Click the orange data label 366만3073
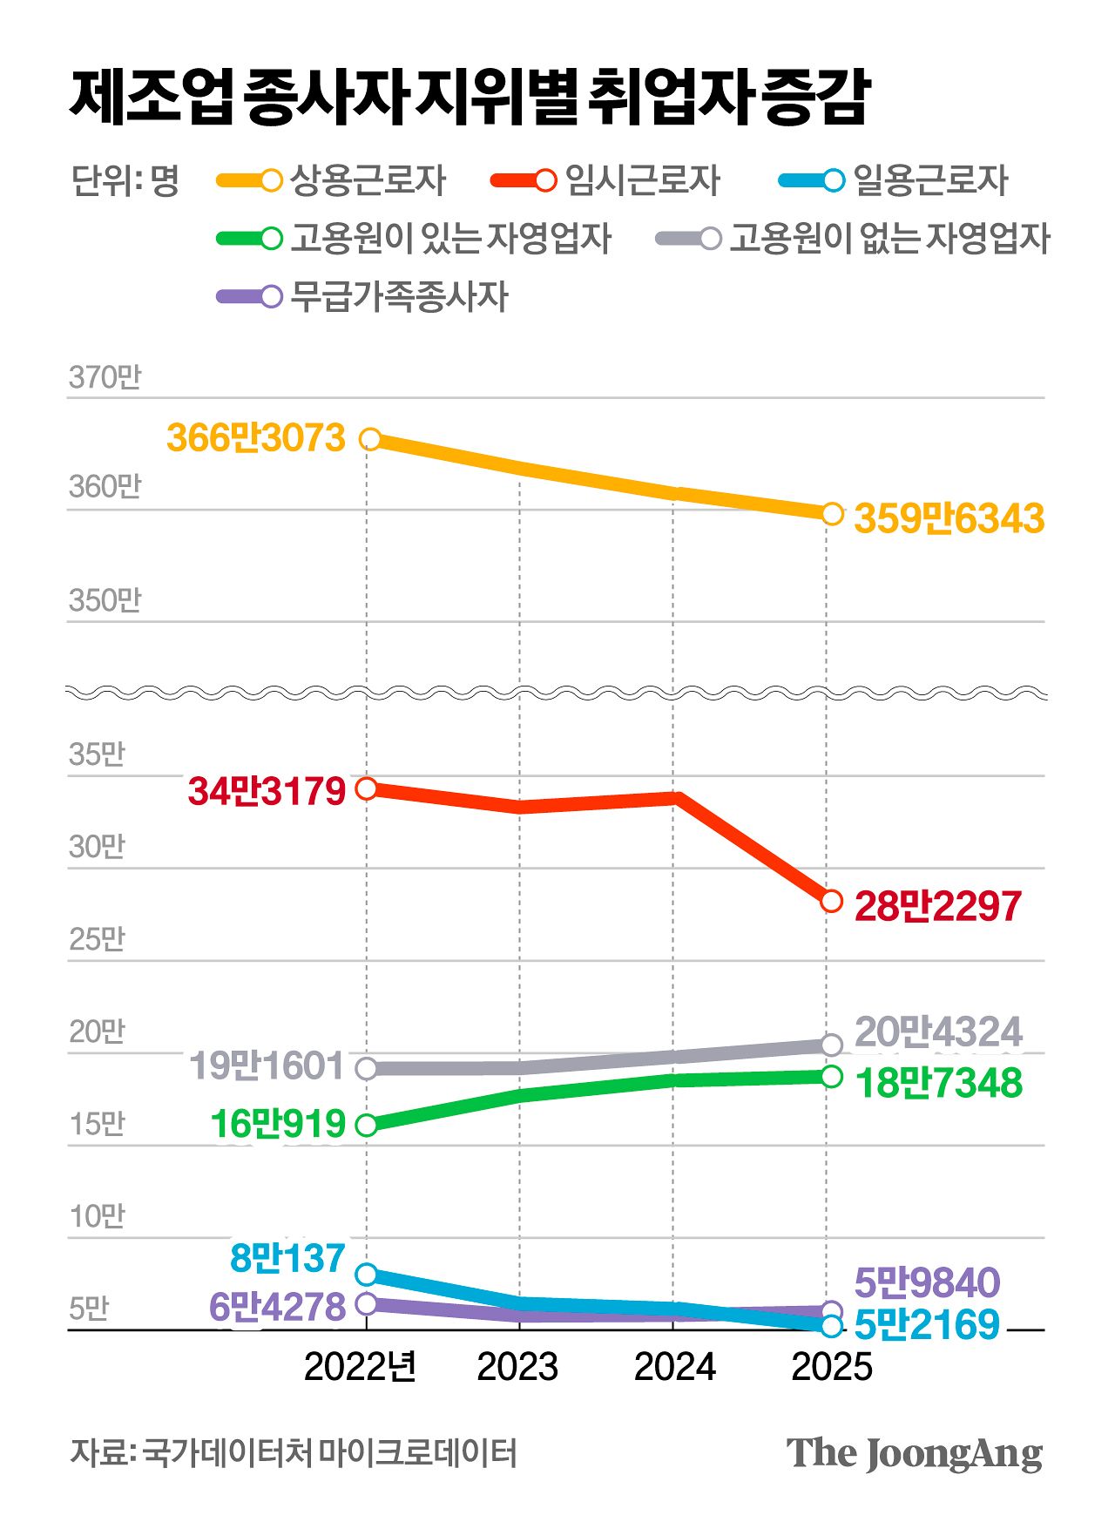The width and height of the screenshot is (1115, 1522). [x=256, y=438]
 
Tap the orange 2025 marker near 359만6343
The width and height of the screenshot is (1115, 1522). [x=832, y=514]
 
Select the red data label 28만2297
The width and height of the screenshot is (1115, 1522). [x=937, y=906]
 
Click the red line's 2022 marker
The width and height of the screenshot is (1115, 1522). [x=367, y=788]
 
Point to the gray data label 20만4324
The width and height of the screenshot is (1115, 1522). [x=937, y=1032]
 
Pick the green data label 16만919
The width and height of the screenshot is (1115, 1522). [x=278, y=1124]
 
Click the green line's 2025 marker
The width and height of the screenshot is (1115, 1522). [x=832, y=1076]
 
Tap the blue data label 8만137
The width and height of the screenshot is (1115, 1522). [x=287, y=1258]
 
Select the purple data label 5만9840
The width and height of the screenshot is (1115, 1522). [x=927, y=1282]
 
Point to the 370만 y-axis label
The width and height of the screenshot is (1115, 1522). [x=105, y=377]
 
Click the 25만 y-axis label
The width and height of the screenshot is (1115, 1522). [x=97, y=939]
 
